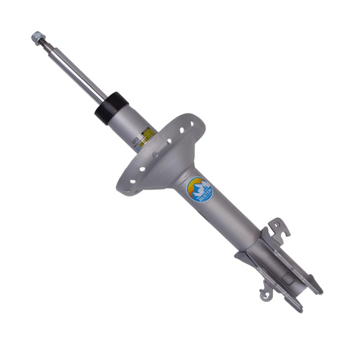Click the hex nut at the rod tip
pos(36,37)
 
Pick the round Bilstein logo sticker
pos(198,190)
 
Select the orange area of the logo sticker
pos(194,184)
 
